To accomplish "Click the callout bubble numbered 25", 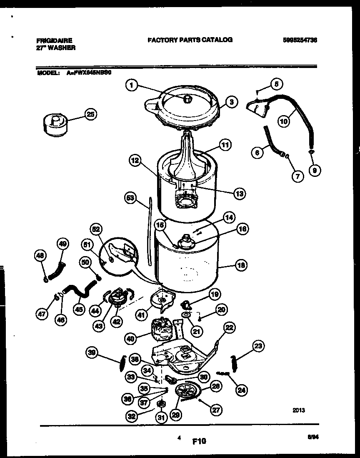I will (x=90, y=114).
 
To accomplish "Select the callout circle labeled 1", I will (x=131, y=86).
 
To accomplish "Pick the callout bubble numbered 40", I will (x=131, y=339).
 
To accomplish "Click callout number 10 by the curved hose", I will (x=284, y=121).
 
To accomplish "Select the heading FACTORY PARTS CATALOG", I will (x=190, y=40).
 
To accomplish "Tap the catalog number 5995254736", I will (x=299, y=40).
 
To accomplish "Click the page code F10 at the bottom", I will (x=200, y=441).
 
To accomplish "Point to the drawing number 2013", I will (x=298, y=410).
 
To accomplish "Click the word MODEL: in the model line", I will (x=47, y=72).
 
